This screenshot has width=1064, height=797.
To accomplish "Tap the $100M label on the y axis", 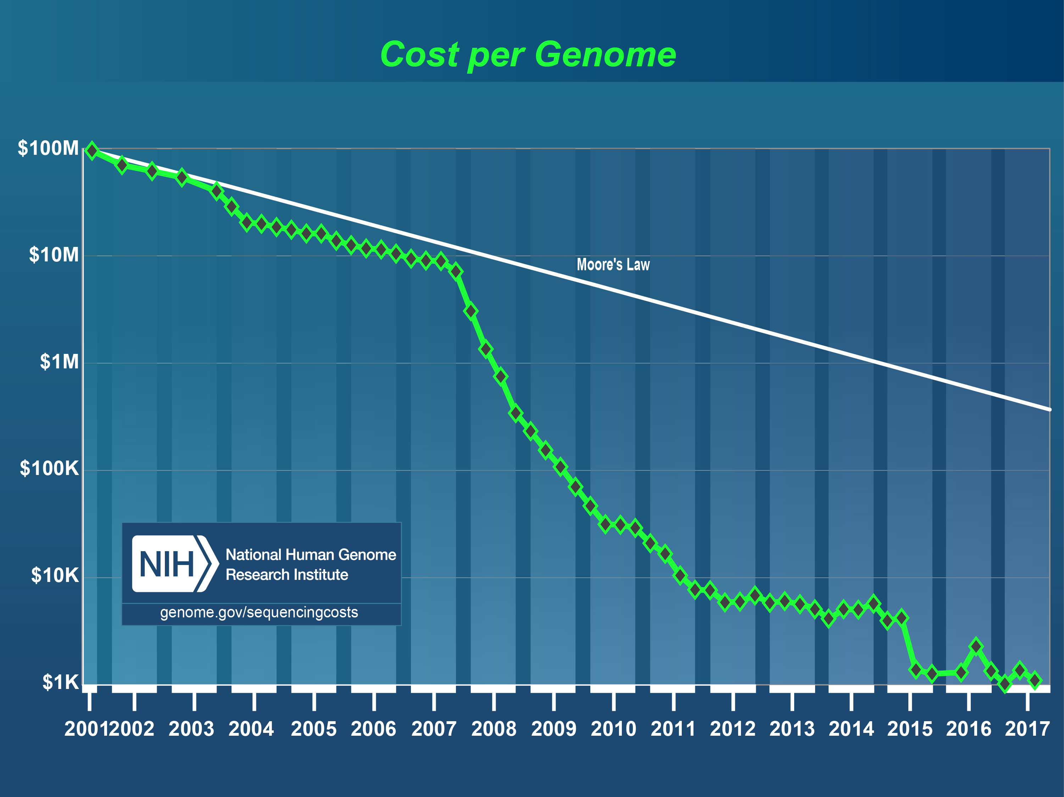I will coord(48,148).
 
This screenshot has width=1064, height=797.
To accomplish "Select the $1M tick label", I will coord(59,362).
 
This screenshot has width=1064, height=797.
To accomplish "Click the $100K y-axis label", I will coord(49,468).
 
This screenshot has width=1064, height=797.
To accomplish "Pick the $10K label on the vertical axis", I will coord(54,575).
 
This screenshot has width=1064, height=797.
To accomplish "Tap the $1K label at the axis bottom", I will coord(60,682).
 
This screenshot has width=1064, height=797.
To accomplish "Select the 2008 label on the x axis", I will coord(494,729).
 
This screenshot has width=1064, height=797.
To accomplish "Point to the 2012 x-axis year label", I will coord(732,729).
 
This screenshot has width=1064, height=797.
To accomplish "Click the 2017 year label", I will coord(1027,729).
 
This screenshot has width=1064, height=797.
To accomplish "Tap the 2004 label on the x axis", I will coord(251,729).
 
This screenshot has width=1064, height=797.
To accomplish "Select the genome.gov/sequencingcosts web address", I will coord(259,612).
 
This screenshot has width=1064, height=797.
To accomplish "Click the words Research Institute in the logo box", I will coord(287,575).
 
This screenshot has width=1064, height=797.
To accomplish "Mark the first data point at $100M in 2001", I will coord(91,151).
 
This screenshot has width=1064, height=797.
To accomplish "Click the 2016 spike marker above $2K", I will coord(975,646).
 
